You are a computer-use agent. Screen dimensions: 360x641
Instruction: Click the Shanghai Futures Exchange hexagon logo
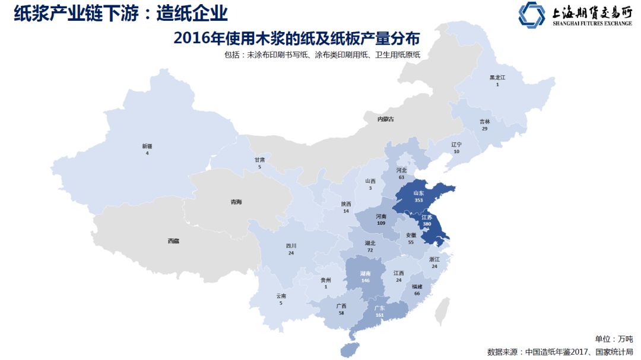[531, 15]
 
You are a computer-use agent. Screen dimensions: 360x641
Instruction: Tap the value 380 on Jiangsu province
[426, 225]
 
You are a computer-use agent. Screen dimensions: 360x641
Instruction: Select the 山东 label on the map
[418, 193]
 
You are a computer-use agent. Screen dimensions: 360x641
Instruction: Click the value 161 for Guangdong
[379, 316]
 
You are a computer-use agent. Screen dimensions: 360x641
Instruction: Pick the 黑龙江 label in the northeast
[497, 78]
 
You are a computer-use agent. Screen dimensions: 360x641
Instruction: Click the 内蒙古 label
[385, 119]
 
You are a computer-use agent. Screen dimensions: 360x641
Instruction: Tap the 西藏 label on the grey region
[173, 241]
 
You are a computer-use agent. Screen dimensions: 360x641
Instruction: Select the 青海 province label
[236, 202]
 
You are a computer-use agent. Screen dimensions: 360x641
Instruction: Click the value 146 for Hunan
[365, 281]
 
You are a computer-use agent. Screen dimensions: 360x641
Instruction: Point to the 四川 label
[291, 246]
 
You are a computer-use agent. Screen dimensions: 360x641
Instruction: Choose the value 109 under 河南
[381, 223]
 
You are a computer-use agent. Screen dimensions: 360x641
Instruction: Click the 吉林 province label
[485, 121]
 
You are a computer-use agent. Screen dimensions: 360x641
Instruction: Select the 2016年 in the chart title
[196, 38]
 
